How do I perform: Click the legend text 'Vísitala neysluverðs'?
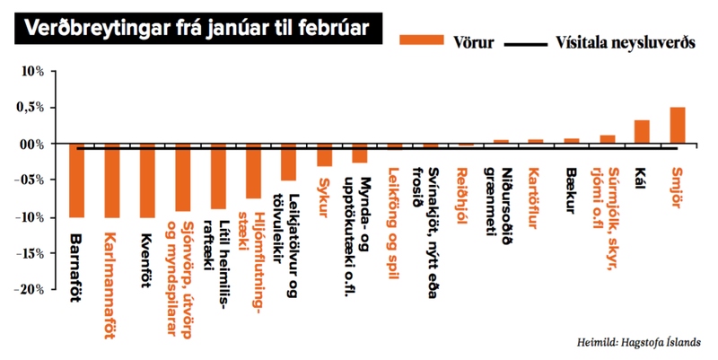click(632, 42)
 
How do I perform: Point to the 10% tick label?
click(41, 71)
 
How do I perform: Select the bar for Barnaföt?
click(75, 180)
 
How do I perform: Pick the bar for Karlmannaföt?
click(111, 180)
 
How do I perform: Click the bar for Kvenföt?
click(147, 180)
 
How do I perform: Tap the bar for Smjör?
click(678, 126)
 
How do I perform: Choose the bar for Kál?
click(642, 132)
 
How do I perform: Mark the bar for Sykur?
click(324, 154)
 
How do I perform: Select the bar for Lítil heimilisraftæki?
click(218, 176)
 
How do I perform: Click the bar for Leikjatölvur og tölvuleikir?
click(288, 162)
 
